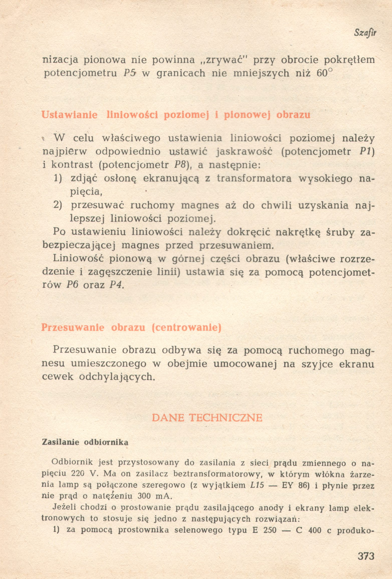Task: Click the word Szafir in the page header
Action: point(365,33)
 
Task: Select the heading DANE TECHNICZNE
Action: point(207,418)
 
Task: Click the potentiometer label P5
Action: point(130,73)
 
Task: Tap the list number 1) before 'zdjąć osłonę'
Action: point(58,178)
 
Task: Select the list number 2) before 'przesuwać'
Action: point(58,205)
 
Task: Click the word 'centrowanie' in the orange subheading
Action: point(187,328)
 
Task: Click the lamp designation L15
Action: point(257,485)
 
